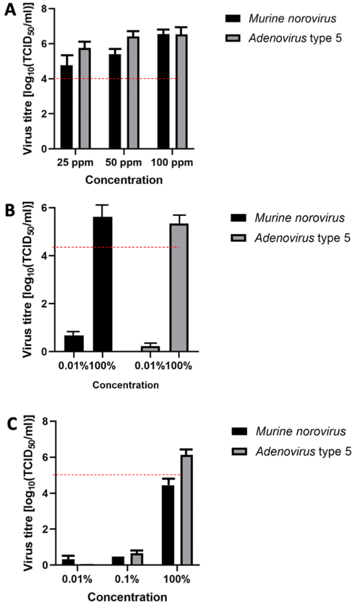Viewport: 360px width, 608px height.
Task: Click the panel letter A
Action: tap(10, 10)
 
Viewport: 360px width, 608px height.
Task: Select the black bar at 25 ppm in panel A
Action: tap(67, 107)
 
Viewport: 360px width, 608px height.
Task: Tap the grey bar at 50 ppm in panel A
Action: tap(134, 93)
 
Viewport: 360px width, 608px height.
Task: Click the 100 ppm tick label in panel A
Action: tap(172, 162)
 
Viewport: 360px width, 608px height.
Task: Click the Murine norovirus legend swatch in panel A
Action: tap(233, 18)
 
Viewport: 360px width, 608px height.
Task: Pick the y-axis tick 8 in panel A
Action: tap(45, 8)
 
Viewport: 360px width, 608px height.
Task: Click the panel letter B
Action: tap(10, 210)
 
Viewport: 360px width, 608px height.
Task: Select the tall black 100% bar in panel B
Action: tap(102, 284)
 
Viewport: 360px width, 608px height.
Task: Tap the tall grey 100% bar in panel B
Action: tap(179, 287)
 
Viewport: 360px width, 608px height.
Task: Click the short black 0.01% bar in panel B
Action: tap(74, 343)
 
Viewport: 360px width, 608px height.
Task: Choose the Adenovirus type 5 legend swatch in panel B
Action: tap(238, 237)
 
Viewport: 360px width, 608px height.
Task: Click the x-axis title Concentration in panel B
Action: tap(125, 385)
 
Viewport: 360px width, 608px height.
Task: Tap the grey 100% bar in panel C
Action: tap(186, 510)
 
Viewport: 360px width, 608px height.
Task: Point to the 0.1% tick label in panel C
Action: tap(127, 579)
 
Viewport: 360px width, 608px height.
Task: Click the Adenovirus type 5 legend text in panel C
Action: tap(303, 451)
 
